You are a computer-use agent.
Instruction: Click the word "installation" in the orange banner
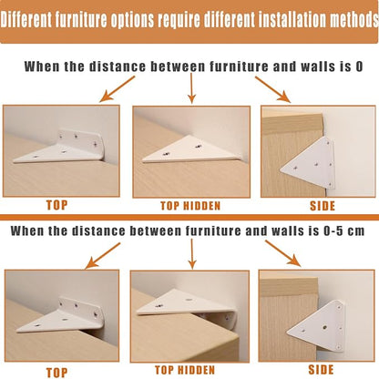[x=293, y=19]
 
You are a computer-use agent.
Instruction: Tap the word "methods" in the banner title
[x=354, y=19]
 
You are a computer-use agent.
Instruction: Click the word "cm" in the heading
[x=356, y=231]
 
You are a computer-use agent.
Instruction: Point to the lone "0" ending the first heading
[x=359, y=67]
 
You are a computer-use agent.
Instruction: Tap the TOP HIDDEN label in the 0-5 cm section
[x=185, y=370]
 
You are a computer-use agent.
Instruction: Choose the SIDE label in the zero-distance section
[x=323, y=206]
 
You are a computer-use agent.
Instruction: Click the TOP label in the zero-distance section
[x=56, y=205]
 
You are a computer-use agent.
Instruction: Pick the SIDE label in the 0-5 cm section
[x=321, y=370]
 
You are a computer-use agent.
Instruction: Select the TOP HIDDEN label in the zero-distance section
[x=190, y=206]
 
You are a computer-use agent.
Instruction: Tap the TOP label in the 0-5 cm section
[x=56, y=373]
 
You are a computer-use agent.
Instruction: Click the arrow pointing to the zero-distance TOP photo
[x=118, y=88]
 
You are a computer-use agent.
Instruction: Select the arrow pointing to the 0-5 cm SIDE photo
[x=283, y=253]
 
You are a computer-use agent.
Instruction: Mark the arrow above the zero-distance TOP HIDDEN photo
[x=191, y=88]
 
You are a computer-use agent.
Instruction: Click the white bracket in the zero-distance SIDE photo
[x=308, y=163]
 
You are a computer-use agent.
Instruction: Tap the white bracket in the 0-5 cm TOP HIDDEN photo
[x=187, y=307]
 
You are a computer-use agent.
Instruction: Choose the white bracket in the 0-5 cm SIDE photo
[x=317, y=327]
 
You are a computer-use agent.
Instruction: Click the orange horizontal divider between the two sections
[x=189, y=217]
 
